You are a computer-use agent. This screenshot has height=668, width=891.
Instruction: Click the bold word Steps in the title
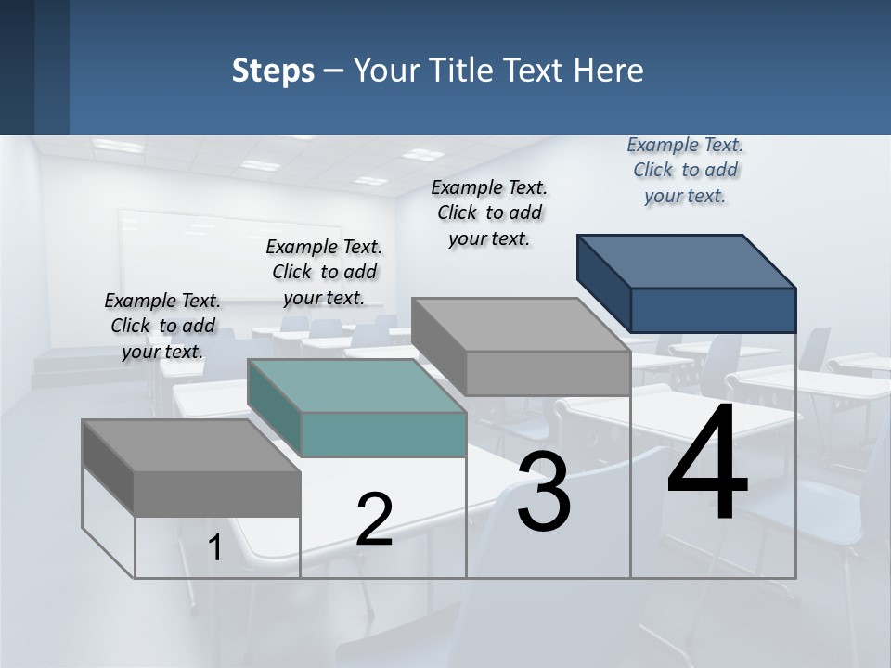[273, 71]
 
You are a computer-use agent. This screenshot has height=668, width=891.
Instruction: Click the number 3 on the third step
[544, 493]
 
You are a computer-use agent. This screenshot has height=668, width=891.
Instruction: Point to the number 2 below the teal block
[374, 520]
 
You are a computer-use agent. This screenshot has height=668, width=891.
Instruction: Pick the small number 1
[214, 548]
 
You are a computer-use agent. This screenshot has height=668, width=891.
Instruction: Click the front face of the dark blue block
[713, 310]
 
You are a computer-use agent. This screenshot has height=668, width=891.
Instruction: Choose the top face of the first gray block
[191, 445]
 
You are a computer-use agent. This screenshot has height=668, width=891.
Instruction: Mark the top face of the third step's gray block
[521, 325]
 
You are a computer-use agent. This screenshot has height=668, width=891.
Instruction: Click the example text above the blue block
[685, 170]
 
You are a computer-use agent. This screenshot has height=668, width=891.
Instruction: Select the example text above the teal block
[324, 272]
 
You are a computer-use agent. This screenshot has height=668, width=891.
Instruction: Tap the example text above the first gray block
[162, 326]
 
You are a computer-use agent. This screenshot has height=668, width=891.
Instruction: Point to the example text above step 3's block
[489, 212]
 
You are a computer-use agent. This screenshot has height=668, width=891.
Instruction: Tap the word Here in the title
[609, 71]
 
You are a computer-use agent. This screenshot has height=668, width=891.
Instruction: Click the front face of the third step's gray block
[548, 374]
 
